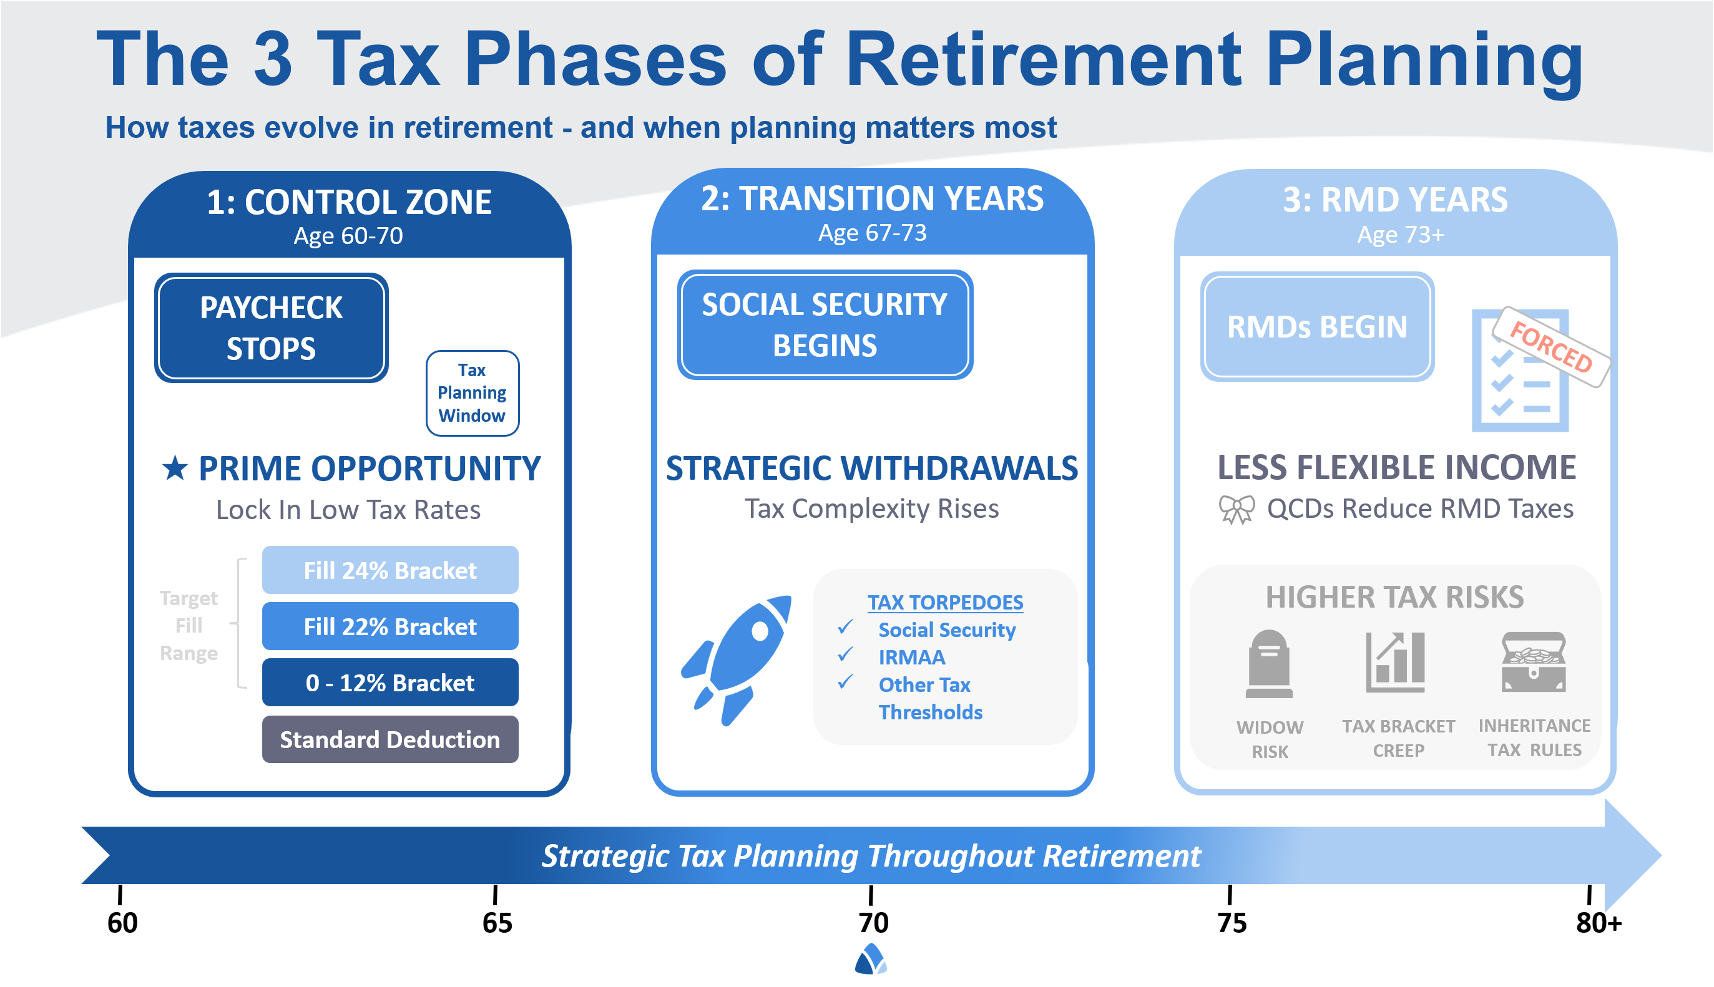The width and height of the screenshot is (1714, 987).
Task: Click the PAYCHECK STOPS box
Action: [x=270, y=328]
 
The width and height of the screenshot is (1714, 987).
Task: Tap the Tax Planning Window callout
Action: [x=472, y=393]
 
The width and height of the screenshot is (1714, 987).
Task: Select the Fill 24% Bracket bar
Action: [x=390, y=570]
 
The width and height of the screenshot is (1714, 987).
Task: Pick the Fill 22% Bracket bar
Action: [x=390, y=626]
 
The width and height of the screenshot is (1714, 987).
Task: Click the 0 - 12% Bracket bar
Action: [x=390, y=683]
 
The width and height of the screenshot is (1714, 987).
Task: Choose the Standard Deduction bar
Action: [x=390, y=739]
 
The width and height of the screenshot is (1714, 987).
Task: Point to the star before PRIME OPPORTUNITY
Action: [x=175, y=469]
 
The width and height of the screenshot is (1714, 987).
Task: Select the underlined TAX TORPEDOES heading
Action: [x=945, y=602]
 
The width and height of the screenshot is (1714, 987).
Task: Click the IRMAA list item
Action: [x=911, y=657]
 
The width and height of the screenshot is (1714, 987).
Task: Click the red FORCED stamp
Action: [x=1551, y=347]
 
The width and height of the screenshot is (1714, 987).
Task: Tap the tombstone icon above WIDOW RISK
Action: [x=1268, y=664]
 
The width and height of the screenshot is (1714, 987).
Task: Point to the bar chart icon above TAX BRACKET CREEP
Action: [x=1396, y=663]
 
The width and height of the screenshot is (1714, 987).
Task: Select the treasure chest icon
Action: [x=1534, y=663]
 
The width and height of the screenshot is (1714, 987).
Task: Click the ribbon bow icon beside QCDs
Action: [x=1237, y=509]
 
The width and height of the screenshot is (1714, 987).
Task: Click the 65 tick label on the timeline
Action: [x=497, y=923]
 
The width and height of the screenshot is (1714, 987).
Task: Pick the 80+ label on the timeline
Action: [x=1598, y=923]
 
